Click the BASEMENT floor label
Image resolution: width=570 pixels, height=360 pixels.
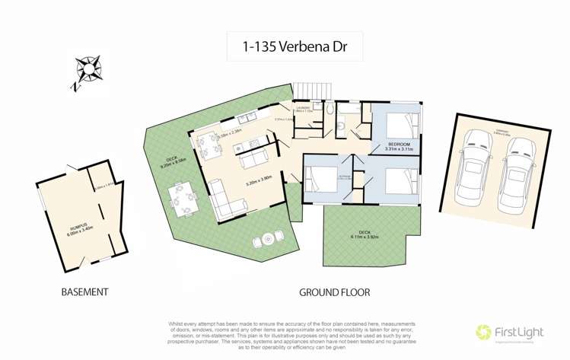coord(84,292)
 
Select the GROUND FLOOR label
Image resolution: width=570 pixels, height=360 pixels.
coord(334,292)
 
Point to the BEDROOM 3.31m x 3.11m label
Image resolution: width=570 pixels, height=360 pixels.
coord(399,146)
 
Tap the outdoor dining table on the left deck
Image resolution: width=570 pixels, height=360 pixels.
coord(183,198)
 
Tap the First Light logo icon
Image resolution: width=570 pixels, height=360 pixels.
coord(482,333)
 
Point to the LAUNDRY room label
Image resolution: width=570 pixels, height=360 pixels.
coord(303,110)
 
